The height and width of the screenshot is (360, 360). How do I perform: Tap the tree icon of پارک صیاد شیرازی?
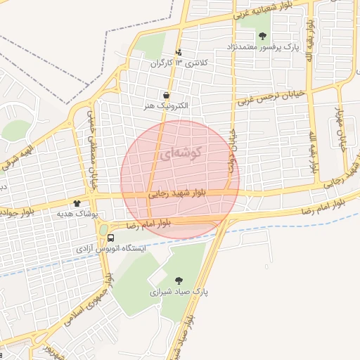click(179, 280)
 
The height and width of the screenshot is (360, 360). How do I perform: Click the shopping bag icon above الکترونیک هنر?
click(166, 95)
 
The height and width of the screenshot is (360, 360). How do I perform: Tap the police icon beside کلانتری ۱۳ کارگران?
click(179, 52)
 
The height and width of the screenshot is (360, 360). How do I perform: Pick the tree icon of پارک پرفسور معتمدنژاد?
click(263, 36)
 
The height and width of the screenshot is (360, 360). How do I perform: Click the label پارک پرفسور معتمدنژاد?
click(262, 46)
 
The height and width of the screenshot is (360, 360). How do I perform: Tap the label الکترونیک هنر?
click(165, 105)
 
